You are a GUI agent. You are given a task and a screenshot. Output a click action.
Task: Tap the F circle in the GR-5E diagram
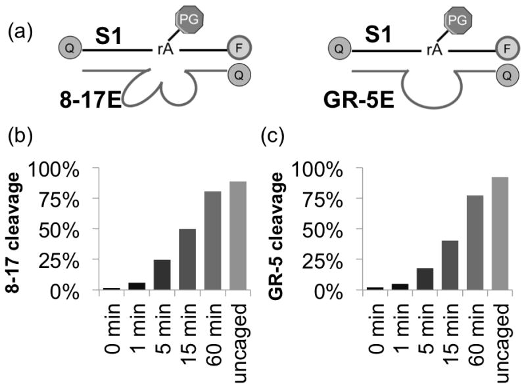[x=476, y=49]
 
